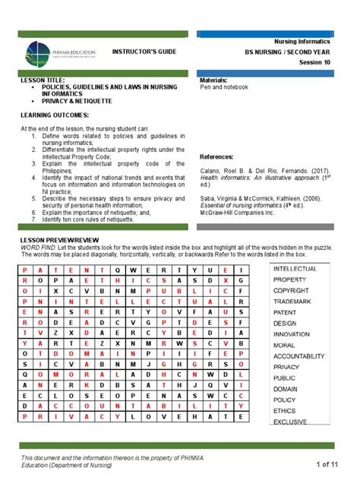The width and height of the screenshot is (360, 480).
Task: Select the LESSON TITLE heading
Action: point(42,80)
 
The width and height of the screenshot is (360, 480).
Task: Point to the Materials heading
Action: point(215,80)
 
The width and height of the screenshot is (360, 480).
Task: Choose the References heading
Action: point(219,152)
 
